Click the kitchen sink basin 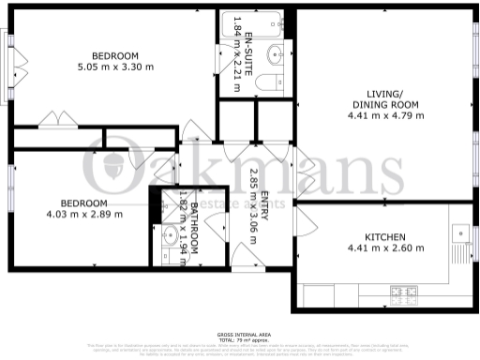click(x=459, y=232)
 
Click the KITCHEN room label click(x=384, y=236)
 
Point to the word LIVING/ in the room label click(x=385, y=93)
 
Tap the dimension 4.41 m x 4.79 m click(x=385, y=116)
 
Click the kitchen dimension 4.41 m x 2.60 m click(x=385, y=248)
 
